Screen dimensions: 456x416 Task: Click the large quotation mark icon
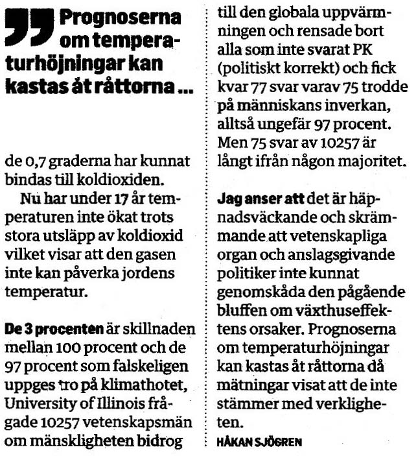31,29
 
